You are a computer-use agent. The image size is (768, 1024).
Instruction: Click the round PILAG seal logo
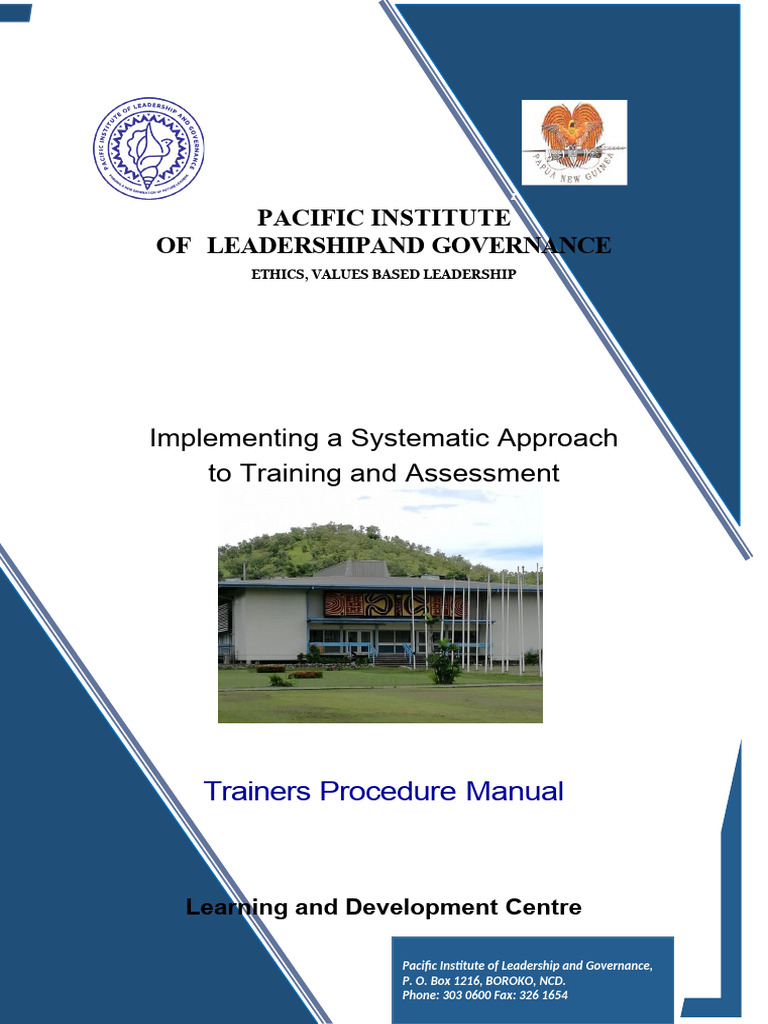[x=149, y=149]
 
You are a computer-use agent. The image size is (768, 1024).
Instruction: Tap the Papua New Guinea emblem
[x=574, y=142]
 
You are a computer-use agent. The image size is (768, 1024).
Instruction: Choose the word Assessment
[x=483, y=472]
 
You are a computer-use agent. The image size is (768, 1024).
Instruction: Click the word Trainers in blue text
[x=257, y=791]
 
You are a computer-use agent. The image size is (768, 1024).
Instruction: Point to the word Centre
[x=544, y=907]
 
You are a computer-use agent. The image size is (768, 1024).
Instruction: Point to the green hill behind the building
[x=330, y=545]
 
